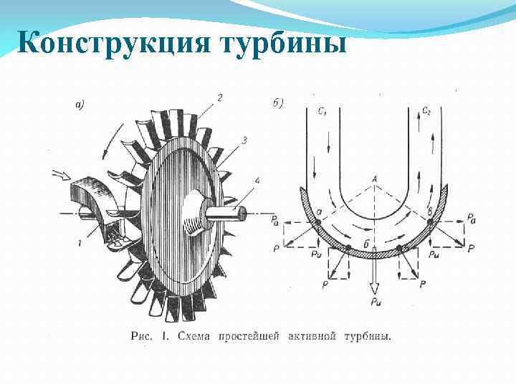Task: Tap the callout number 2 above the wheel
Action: pos(219,97)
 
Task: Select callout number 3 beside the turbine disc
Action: pos(245,141)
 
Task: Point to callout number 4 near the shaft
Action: pos(257,180)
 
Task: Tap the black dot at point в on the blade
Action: pos(430,224)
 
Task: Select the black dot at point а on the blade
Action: pos(317,224)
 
